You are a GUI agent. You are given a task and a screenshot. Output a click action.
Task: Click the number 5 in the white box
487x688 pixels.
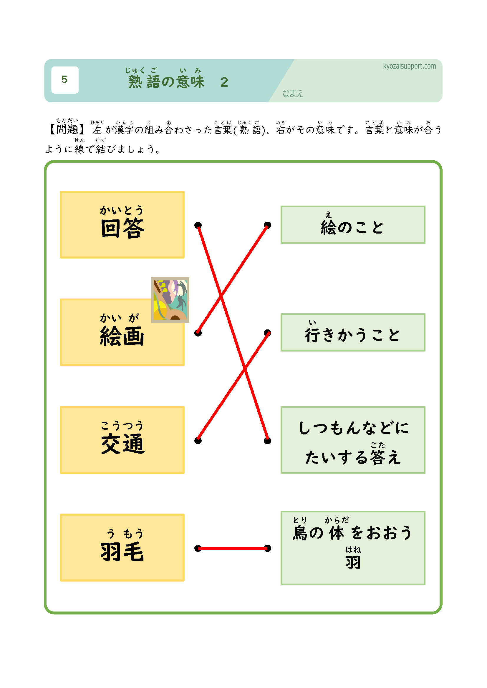point(64,80)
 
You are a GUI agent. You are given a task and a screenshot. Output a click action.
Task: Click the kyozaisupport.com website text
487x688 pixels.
point(409,66)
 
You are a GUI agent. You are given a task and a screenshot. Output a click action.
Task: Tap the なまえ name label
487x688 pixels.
point(292,94)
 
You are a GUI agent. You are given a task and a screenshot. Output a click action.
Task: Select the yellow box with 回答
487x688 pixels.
point(122,224)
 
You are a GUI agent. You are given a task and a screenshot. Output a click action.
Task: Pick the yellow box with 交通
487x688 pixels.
point(122,439)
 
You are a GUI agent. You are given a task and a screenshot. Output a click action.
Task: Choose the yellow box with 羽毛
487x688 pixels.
point(122,547)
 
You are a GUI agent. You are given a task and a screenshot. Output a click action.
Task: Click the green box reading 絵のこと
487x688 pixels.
point(353,225)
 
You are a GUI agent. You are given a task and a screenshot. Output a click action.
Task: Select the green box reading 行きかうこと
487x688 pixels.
point(353,332)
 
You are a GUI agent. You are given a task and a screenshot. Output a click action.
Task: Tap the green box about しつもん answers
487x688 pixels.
point(353,440)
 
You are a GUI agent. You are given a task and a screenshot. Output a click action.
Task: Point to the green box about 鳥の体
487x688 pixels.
point(353,548)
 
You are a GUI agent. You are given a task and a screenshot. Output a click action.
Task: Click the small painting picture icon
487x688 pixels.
point(170,300)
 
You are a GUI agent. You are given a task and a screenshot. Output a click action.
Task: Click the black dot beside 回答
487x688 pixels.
point(198,225)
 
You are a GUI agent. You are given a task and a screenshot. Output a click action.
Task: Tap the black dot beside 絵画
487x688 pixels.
point(198,333)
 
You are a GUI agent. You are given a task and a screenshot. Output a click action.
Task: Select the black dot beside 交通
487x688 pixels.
point(198,441)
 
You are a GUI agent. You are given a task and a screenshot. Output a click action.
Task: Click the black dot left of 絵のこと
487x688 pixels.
point(267,225)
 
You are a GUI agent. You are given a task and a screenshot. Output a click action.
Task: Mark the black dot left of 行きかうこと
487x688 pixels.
point(267,333)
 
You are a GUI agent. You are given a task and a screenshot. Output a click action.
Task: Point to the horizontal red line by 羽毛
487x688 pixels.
point(233,548)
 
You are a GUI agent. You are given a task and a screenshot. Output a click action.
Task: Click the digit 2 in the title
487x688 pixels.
point(224,82)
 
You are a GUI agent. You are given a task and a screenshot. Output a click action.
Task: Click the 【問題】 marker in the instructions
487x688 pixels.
point(67,129)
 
